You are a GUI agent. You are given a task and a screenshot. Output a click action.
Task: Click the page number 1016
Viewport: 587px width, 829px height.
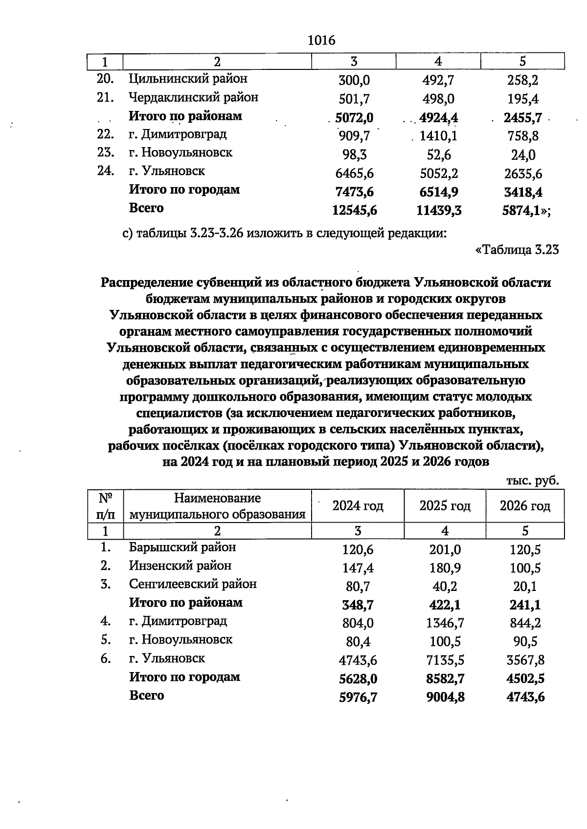tap(322, 41)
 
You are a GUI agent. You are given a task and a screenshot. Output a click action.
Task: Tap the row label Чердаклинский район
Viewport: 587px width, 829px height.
tap(193, 97)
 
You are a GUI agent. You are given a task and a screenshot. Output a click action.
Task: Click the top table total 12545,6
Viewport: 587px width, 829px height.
tap(354, 210)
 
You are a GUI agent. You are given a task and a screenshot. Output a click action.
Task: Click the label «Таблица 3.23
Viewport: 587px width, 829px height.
tap(517, 250)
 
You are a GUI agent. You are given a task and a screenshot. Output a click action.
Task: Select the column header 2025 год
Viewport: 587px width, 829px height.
tap(445, 506)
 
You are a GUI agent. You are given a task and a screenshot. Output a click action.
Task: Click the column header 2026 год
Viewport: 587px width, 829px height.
tap(525, 506)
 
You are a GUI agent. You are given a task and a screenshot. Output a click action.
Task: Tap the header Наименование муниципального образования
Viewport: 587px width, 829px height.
tap(217, 506)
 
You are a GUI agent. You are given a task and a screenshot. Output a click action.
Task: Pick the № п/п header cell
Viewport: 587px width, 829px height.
tap(106, 506)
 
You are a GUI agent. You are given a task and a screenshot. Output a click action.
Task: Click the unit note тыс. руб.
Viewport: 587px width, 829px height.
tap(532, 480)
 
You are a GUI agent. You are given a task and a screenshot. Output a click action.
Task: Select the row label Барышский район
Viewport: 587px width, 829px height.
tap(182, 547)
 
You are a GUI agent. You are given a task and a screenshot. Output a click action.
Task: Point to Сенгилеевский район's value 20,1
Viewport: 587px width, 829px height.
tap(525, 586)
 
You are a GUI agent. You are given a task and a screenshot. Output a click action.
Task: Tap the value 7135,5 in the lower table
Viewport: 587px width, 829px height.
tap(445, 660)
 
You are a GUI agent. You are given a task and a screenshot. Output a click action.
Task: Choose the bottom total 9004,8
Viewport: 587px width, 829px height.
tap(445, 698)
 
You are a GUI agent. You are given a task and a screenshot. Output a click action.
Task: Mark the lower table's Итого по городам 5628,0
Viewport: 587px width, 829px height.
tap(358, 679)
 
